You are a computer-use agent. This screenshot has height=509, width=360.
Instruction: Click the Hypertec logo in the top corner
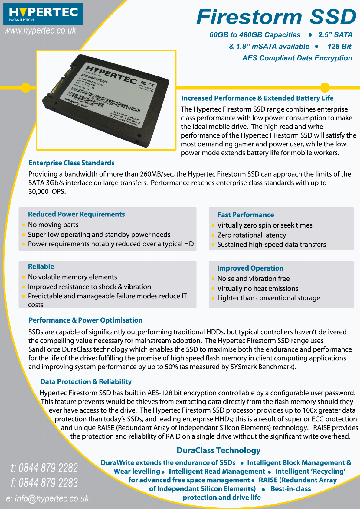point(43,14)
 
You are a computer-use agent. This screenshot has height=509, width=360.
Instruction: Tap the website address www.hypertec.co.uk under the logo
point(40,31)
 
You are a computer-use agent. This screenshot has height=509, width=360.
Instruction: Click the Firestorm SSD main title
point(276,17)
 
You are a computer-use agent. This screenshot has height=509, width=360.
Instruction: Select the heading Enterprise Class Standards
point(71,163)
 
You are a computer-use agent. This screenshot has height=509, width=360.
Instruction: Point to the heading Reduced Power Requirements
point(76,214)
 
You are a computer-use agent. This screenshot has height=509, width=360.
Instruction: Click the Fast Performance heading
point(245,215)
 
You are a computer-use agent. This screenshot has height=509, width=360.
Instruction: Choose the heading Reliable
point(41,267)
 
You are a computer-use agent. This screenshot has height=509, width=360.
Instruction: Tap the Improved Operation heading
point(250,268)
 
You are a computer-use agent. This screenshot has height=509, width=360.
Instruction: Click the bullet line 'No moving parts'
point(53,225)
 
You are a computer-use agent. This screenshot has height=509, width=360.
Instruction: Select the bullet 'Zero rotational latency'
point(251,235)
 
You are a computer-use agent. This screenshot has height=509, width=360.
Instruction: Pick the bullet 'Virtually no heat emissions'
point(257,289)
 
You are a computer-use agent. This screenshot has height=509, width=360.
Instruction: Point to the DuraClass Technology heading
point(218,450)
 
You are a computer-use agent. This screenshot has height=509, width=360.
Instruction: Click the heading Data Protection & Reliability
point(86,382)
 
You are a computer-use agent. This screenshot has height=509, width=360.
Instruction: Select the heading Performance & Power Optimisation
point(85,320)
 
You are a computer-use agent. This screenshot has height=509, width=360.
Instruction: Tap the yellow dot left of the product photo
point(26,88)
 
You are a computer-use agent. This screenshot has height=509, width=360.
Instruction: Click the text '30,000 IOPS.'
point(47,192)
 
